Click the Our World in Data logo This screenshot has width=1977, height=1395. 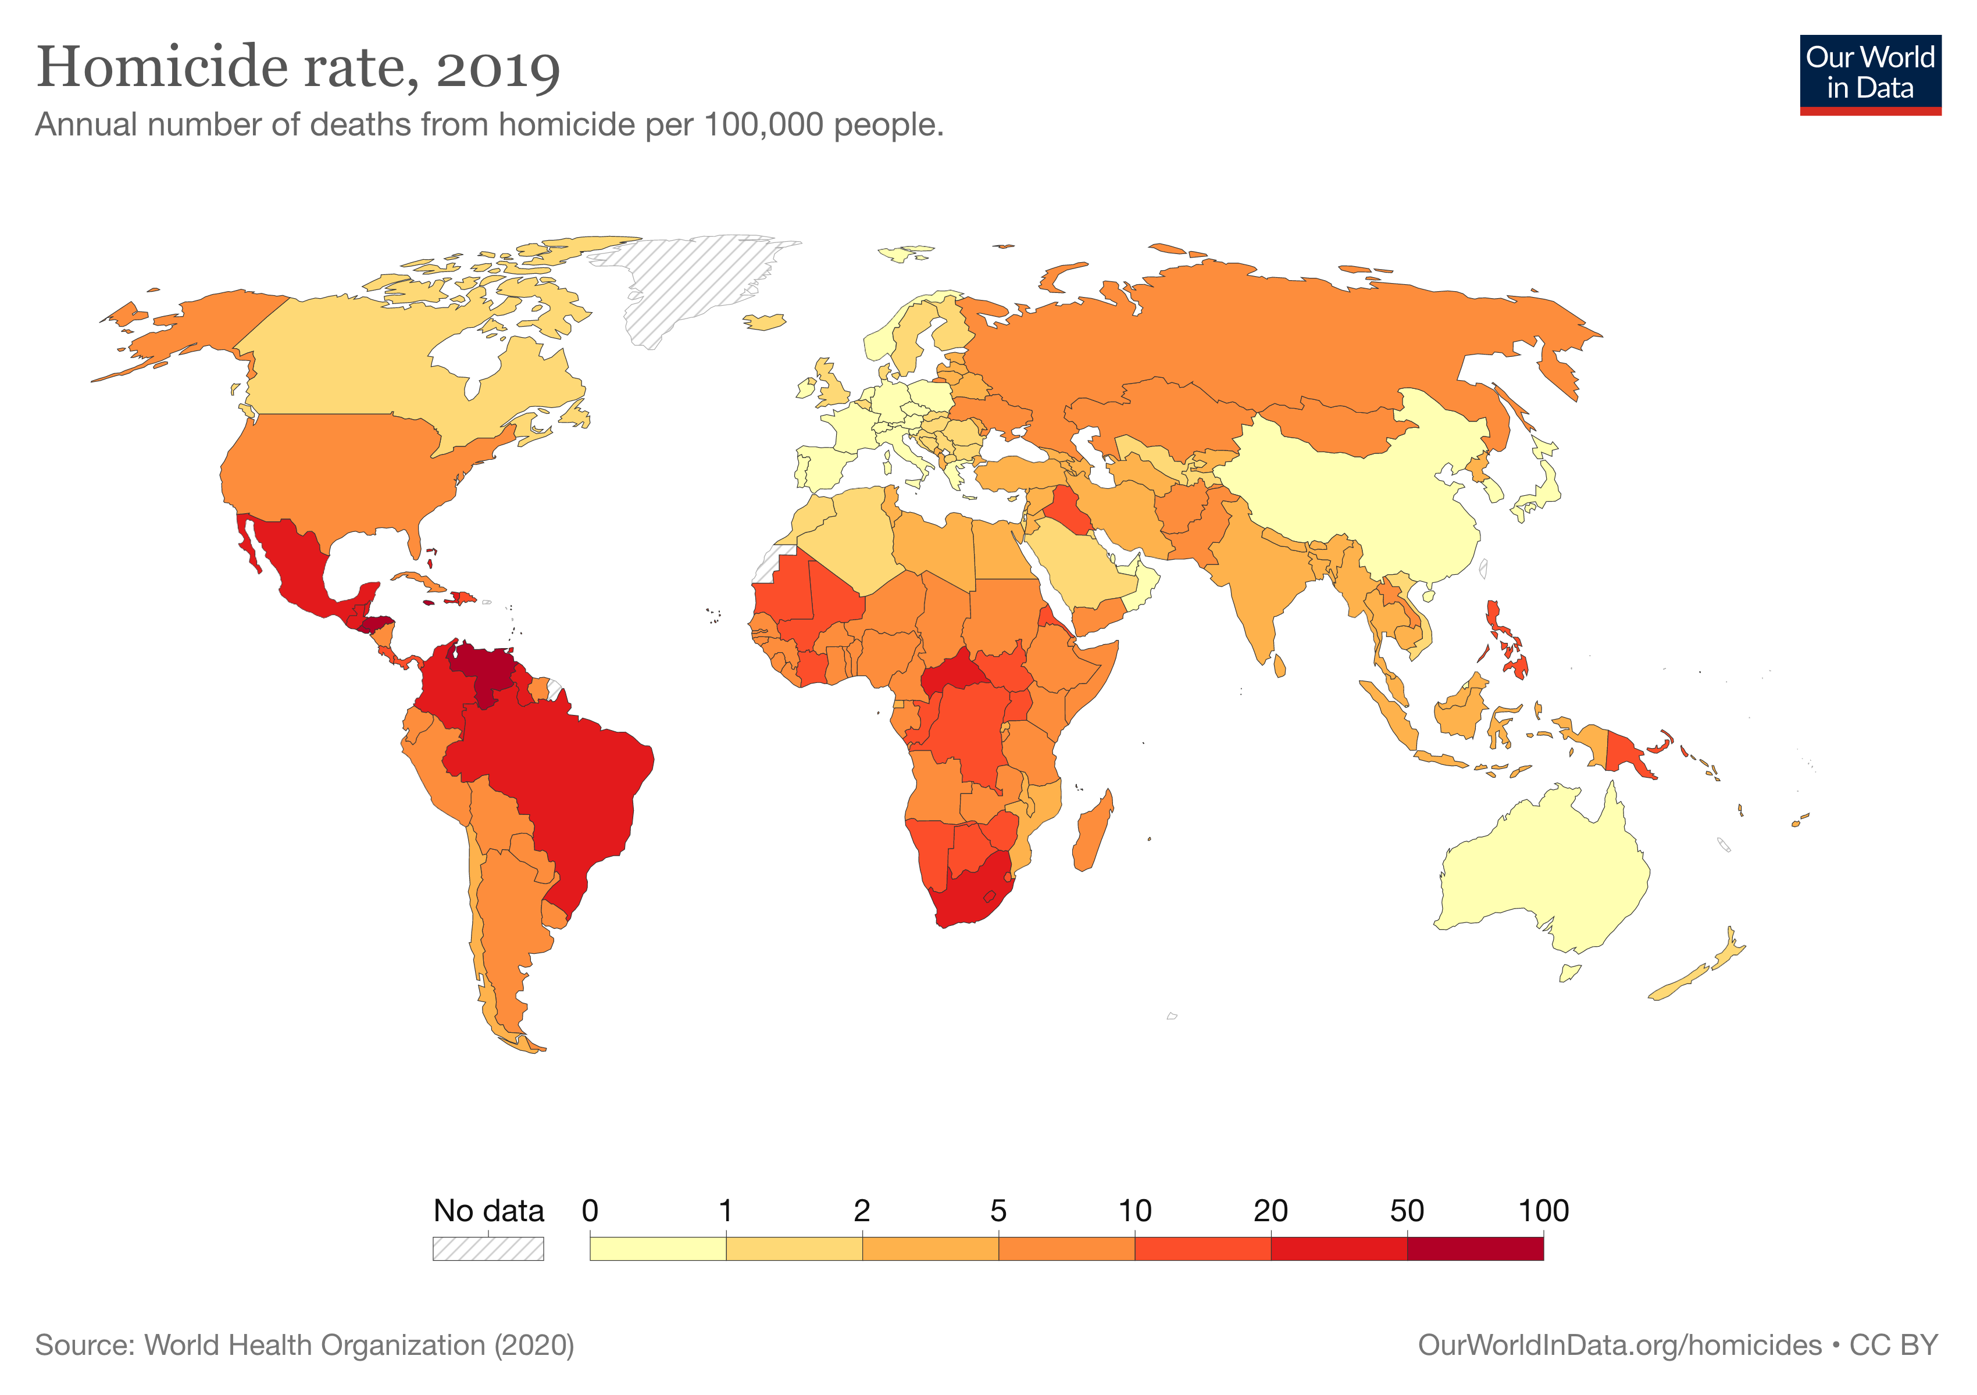(1869, 74)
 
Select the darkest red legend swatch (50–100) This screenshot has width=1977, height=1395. (1475, 1248)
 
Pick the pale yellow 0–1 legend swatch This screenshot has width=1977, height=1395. (658, 1248)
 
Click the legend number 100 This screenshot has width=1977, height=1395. (1543, 1211)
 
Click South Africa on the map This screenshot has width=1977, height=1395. (969, 895)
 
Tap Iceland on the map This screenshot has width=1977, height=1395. (764, 322)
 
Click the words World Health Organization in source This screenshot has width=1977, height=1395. (315, 1345)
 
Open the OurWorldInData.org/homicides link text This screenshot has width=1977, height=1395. (1619, 1345)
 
